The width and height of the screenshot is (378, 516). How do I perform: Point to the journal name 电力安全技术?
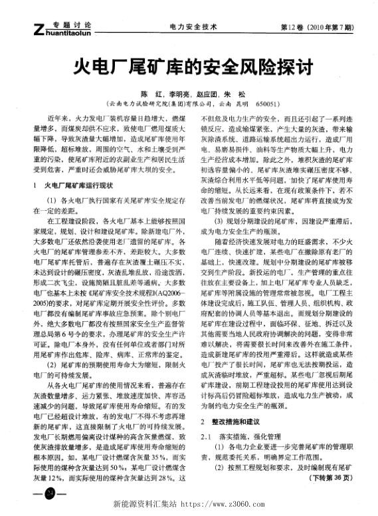pyautogui.click(x=193, y=27)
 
